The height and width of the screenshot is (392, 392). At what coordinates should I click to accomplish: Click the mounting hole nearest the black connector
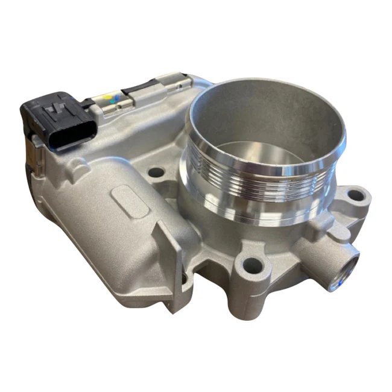[x=156, y=172]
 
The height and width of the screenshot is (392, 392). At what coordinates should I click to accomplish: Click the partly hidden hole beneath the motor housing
[x=188, y=279]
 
